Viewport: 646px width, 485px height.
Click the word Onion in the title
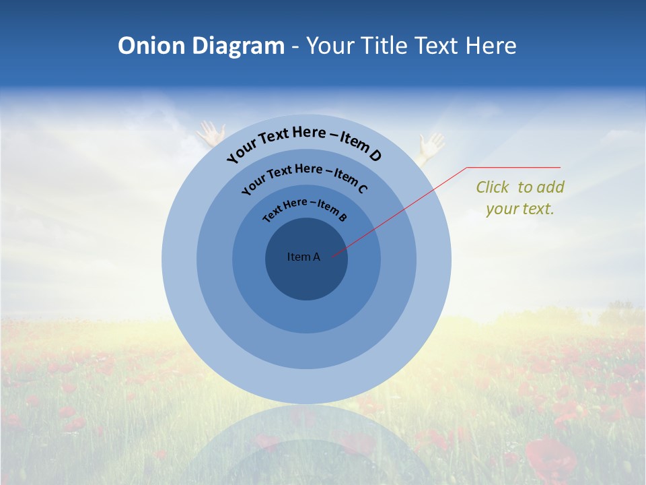[152, 46]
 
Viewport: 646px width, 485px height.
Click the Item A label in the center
[303, 257]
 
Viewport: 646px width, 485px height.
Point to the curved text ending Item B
[305, 207]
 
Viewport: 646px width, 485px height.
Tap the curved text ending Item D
[304, 141]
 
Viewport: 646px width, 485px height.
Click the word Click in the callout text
[493, 187]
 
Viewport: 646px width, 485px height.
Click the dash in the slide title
[295, 46]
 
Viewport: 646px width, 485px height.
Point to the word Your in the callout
[501, 209]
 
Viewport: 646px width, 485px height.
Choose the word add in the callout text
[551, 187]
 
